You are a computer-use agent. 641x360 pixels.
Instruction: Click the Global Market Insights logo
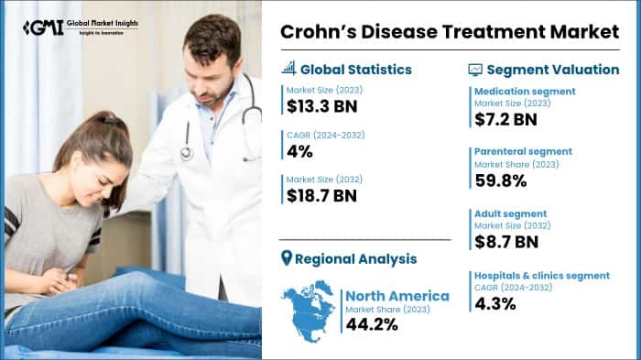click(79, 27)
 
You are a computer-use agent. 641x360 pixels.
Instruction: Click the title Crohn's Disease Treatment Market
click(448, 31)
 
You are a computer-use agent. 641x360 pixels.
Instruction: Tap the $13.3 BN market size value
click(321, 105)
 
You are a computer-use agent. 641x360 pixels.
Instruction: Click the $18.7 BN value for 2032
click(321, 195)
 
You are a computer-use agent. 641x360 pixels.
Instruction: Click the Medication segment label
click(524, 91)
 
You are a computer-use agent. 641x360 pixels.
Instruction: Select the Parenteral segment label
click(523, 151)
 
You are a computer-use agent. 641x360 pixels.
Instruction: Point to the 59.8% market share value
click(500, 180)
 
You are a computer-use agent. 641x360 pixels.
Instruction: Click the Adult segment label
click(509, 213)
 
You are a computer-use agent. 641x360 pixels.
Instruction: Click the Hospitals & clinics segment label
click(541, 275)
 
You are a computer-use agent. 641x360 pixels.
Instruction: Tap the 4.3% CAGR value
click(494, 303)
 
